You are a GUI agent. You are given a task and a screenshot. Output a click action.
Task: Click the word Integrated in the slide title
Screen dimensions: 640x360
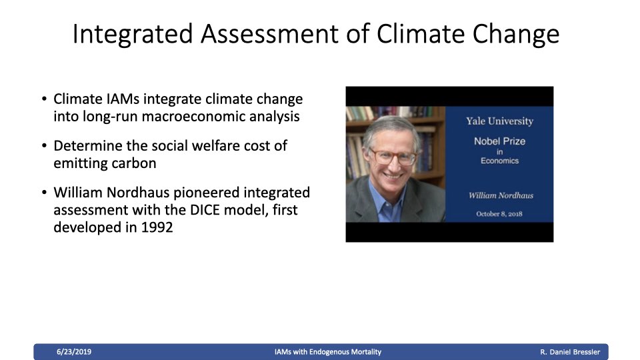[x=132, y=34]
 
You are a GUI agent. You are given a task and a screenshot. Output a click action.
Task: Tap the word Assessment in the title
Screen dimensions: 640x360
[x=269, y=33]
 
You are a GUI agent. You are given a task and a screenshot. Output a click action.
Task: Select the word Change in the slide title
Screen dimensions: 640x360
[x=516, y=34]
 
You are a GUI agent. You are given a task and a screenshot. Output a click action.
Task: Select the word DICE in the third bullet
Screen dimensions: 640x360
[x=205, y=210]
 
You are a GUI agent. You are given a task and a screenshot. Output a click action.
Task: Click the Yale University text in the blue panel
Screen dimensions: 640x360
[x=499, y=121]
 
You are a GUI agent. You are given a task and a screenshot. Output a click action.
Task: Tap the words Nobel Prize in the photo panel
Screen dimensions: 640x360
[x=499, y=141]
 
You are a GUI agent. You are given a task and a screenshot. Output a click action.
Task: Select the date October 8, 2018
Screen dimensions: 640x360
[x=499, y=214]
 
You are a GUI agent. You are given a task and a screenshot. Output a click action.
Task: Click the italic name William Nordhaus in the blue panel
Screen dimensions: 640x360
[x=501, y=195]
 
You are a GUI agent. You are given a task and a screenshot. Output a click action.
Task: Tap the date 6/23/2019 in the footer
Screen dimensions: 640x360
[x=74, y=352]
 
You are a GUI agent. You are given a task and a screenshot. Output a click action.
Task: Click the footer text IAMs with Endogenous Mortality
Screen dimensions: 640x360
[x=328, y=352]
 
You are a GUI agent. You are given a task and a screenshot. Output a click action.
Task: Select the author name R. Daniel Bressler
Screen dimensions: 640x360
[x=570, y=352]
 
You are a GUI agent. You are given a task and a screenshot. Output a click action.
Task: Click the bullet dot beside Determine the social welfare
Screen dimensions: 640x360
[x=45, y=146]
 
